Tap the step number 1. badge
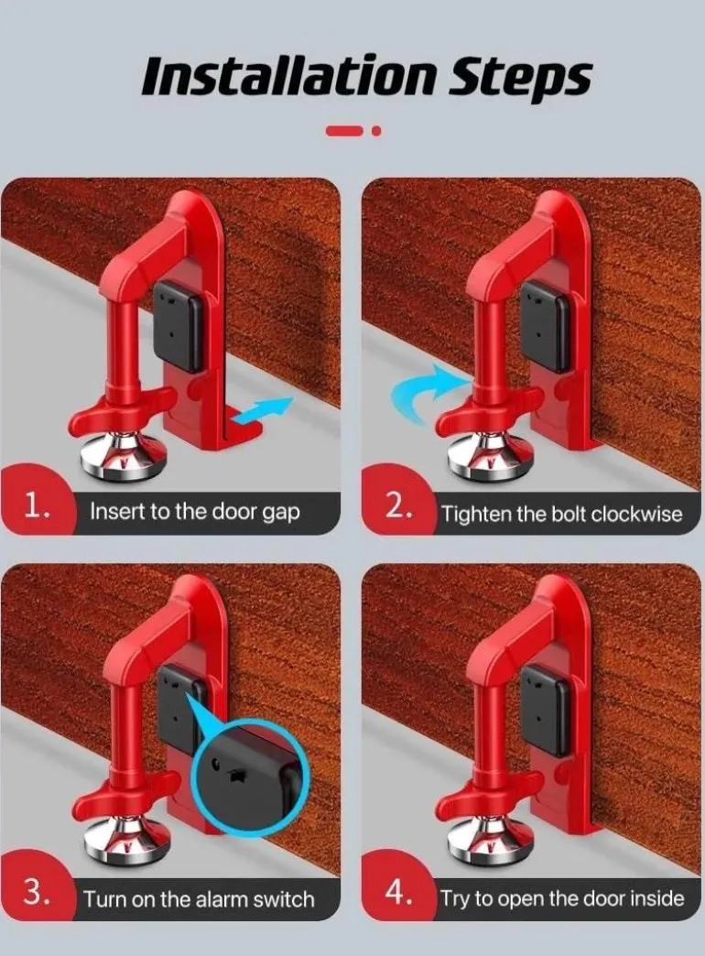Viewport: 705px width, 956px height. click(x=38, y=506)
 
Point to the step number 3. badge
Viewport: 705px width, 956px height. click(x=38, y=893)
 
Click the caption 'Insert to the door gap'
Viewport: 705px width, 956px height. click(x=194, y=512)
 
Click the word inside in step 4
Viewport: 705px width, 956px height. click(x=656, y=898)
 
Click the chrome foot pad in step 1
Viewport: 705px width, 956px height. click(x=125, y=457)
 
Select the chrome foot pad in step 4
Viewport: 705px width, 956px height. click(x=489, y=842)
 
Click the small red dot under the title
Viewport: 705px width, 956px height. click(x=377, y=130)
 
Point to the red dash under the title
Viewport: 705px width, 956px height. click(x=345, y=130)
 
